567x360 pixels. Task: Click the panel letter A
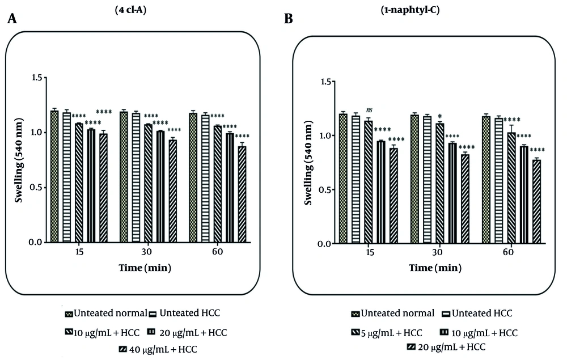pyautogui.click(x=12, y=20)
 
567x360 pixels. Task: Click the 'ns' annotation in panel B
pyautogui.click(x=369, y=110)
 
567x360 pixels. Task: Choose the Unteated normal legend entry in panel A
pyautogui.click(x=101, y=314)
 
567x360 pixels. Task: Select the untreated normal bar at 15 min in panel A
pyautogui.click(x=54, y=176)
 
